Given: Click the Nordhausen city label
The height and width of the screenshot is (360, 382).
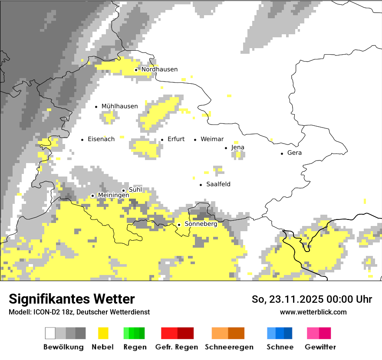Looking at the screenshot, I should [159, 69].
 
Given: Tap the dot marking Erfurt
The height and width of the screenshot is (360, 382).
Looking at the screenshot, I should [162, 140].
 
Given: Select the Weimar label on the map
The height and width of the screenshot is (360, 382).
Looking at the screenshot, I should [212, 139].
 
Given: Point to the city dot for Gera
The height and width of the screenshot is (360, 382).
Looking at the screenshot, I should [282, 153].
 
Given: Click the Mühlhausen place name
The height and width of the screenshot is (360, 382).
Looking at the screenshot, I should [119, 106].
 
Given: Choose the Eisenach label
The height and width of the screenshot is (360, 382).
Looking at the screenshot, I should [101, 139].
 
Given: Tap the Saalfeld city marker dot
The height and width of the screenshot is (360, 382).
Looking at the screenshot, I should [201, 185].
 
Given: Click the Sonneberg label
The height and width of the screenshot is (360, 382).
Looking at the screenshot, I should [201, 224].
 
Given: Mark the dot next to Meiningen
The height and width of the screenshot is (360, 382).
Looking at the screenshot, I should [92, 196].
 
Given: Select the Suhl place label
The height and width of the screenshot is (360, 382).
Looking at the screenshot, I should [135, 190].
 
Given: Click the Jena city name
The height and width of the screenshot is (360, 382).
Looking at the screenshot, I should [237, 147].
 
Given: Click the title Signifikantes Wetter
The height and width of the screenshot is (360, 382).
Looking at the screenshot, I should [72, 299].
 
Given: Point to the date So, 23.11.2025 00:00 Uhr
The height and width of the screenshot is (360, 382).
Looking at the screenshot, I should [312, 299].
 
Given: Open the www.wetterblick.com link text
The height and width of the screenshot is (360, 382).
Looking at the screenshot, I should [313, 312].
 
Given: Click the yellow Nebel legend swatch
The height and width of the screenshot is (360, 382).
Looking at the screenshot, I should [103, 333].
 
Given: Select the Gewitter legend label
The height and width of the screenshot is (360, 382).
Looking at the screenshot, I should [320, 347].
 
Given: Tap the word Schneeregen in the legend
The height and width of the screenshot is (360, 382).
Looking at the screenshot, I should [229, 347].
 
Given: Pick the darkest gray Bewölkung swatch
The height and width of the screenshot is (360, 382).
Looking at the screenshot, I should [81, 333].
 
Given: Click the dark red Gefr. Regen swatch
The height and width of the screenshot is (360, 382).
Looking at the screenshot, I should [185, 333].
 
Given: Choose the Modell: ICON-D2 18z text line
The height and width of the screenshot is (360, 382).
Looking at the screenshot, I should [79, 312].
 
